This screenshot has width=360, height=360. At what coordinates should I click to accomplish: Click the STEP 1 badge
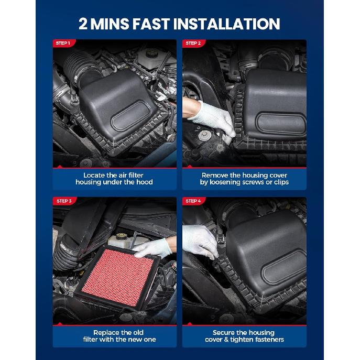(x=62, y=43)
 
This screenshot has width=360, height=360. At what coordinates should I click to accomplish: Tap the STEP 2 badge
(x=192, y=43)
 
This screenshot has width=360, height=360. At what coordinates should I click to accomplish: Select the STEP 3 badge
(x=63, y=201)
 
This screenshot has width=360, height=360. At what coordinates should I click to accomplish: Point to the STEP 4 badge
(x=193, y=201)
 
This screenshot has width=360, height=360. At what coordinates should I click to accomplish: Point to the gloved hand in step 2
(x=213, y=117)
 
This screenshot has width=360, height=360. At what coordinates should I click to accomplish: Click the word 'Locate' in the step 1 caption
(x=95, y=175)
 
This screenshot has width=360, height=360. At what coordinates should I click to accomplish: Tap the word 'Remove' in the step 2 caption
(x=214, y=175)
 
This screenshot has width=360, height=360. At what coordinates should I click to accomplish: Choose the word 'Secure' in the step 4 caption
(x=224, y=332)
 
